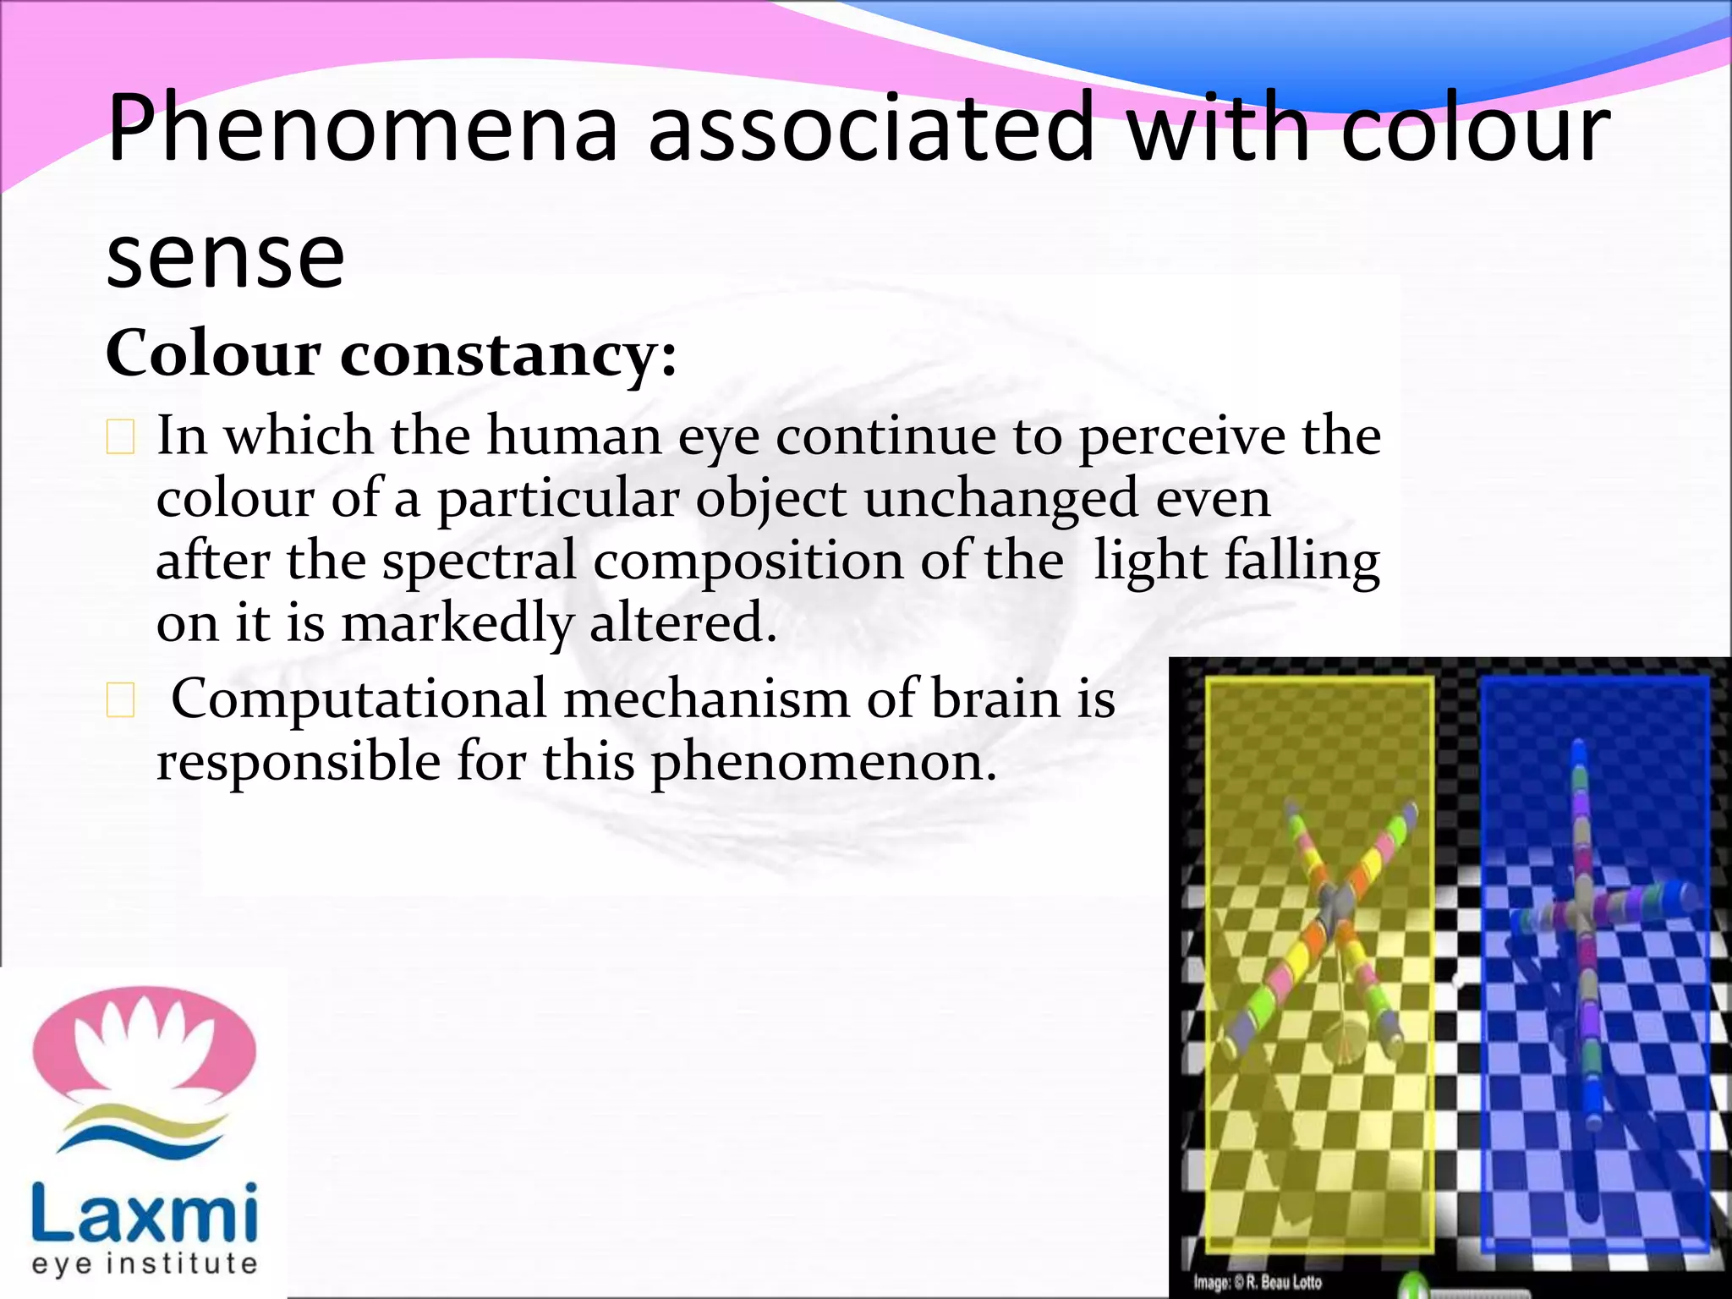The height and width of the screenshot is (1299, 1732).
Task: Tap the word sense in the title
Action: click(226, 256)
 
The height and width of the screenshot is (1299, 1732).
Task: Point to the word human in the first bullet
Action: click(574, 437)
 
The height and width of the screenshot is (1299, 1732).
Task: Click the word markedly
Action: click(458, 624)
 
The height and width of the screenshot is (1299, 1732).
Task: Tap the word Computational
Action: click(359, 700)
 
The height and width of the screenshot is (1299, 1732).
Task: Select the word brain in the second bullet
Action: click(995, 700)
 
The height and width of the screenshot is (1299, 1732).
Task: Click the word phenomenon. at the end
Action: click(824, 763)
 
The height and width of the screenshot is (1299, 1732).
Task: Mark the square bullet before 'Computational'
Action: click(120, 701)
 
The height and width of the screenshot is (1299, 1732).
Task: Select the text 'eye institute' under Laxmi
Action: click(145, 1263)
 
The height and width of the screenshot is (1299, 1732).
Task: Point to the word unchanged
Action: click(1000, 499)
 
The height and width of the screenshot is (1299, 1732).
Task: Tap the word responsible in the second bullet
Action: click(299, 763)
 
